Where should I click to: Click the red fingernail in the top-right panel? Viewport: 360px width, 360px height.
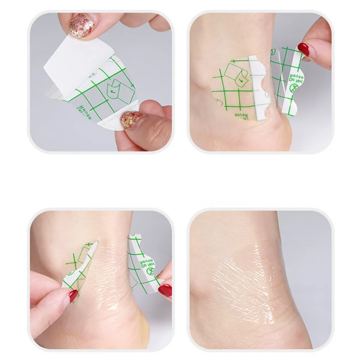click(x=304, y=49)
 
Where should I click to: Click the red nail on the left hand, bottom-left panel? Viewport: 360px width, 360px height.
click(x=73, y=296)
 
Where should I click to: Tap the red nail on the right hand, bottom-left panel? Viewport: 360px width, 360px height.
click(x=165, y=290)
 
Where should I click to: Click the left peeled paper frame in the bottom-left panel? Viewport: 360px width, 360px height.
click(x=81, y=265)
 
